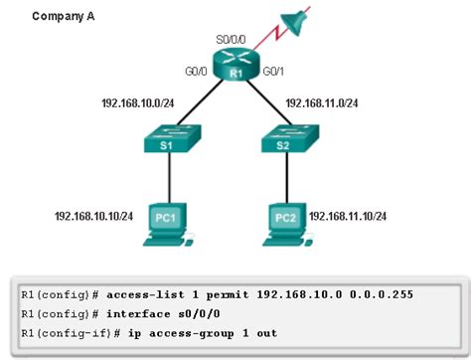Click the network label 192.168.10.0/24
coord(140,101)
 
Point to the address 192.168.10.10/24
coord(94,215)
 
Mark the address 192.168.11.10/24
coord(347,215)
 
